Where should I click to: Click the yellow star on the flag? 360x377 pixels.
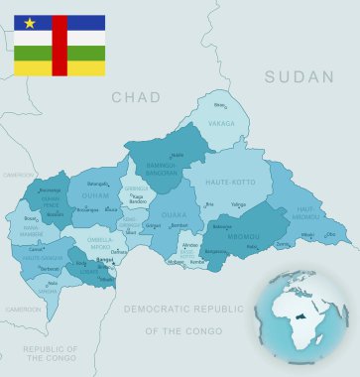[29, 23]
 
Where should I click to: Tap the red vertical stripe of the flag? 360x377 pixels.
[60, 46]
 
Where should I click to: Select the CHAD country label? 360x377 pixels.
[135, 97]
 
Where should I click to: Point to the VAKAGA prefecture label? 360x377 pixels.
[222, 124]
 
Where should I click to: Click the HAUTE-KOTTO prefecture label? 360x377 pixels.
[230, 183]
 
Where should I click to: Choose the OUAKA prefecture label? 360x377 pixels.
[174, 213]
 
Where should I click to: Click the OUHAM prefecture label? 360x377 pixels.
[95, 195]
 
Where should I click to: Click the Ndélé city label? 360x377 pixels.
[178, 155]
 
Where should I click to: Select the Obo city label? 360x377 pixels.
[330, 235]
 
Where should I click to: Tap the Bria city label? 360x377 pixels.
[208, 204]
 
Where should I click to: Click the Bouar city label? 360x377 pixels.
[31, 217]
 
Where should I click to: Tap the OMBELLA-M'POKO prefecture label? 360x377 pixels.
[99, 240]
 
